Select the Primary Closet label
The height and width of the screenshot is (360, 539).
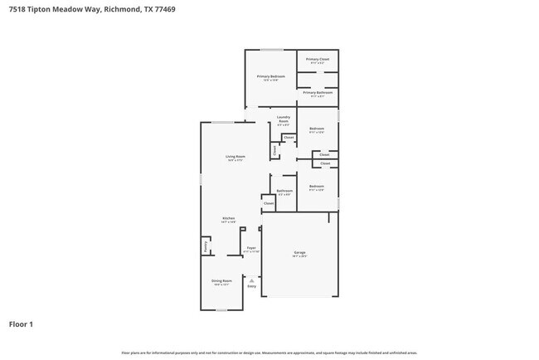(x=318, y=60)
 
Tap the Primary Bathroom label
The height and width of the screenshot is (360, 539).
(x=318, y=93)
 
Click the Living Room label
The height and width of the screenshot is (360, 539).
(x=235, y=156)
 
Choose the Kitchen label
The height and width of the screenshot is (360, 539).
(x=228, y=218)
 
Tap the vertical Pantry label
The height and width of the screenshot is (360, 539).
(x=204, y=246)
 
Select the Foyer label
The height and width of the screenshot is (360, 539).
(x=251, y=248)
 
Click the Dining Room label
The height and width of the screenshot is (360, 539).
(x=221, y=281)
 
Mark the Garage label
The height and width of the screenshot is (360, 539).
(x=299, y=252)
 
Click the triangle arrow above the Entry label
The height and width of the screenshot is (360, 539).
(x=251, y=280)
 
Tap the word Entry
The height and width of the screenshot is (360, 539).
(x=251, y=287)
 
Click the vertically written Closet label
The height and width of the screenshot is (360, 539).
(x=274, y=150)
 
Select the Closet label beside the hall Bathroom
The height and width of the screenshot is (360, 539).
(x=269, y=202)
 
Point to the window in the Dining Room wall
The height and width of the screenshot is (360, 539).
(x=221, y=310)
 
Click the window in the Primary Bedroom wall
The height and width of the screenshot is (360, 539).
(x=271, y=50)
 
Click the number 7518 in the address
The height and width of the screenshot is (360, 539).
(x=17, y=10)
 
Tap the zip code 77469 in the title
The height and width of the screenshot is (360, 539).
(x=164, y=10)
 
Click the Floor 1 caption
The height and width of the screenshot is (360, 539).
(x=21, y=324)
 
